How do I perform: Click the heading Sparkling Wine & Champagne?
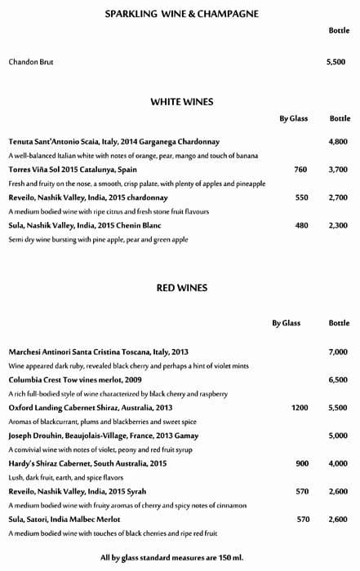coord(181,14)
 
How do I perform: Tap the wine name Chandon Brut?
coord(30,62)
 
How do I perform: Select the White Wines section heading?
coord(181,102)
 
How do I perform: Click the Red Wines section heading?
coord(181,287)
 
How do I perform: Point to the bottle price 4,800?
coord(338,142)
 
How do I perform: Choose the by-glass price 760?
coord(300,170)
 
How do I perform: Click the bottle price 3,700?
coord(338,170)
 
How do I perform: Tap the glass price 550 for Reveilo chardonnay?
coord(301,197)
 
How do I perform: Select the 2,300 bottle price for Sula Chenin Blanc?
coord(338,225)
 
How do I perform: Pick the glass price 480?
coord(301,225)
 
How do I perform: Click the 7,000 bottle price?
coord(338,352)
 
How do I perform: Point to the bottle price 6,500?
coord(338,379)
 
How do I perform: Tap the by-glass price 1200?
coord(300,407)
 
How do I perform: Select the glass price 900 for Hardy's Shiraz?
coord(301,463)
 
